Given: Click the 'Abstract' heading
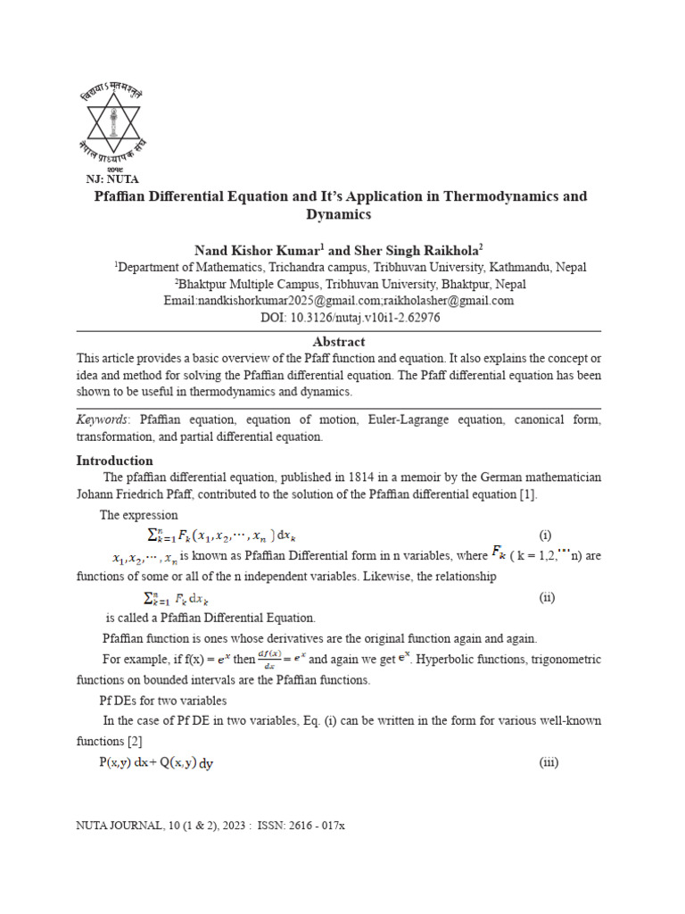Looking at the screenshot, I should tap(338, 341).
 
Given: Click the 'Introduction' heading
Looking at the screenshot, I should tap(114, 461).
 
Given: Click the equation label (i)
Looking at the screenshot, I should tap(545, 536).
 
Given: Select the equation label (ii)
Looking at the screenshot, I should tap(547, 597).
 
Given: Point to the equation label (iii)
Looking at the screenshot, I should tap(549, 762).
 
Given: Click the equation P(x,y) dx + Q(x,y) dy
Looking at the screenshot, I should tap(156, 762).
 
